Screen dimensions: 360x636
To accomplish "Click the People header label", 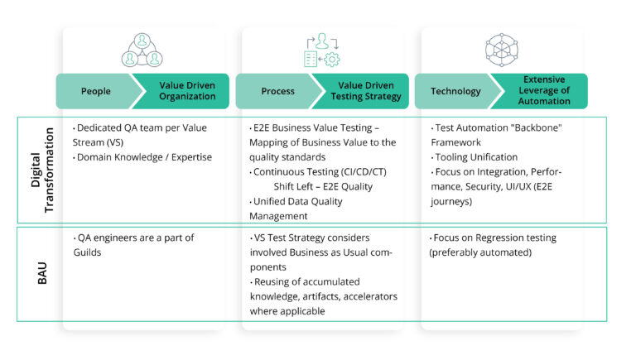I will [95, 91].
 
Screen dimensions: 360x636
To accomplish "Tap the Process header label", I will [277, 91].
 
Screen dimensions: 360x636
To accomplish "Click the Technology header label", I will [455, 91].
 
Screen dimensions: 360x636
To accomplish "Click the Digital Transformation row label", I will [41, 170].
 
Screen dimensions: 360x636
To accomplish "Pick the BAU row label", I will [41, 274].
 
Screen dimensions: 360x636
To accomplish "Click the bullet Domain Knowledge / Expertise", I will [142, 157].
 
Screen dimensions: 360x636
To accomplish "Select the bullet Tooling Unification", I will [475, 157].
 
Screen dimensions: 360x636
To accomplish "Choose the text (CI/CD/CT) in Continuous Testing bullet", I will [366, 172].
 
